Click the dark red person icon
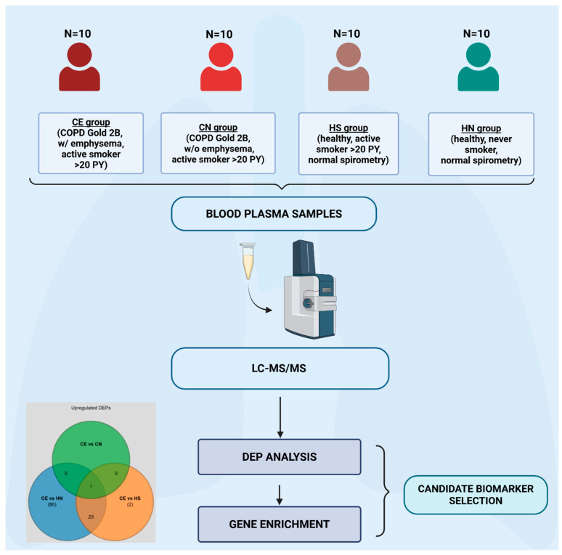[x=79, y=67]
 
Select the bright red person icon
[x=221, y=67]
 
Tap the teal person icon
[x=478, y=67]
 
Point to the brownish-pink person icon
[x=349, y=67]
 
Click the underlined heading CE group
[x=91, y=123]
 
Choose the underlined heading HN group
[x=481, y=128]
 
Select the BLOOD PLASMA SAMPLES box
[x=274, y=214]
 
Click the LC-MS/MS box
[x=280, y=368]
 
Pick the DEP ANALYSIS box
[x=280, y=457]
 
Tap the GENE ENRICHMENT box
[x=280, y=525]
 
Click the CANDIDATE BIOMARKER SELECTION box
[x=476, y=495]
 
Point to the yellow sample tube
[x=248, y=261]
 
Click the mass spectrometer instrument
[x=310, y=289]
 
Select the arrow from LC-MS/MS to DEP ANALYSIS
[x=280, y=416]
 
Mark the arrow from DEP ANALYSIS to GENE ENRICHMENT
[x=280, y=495]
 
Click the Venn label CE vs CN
[x=91, y=444]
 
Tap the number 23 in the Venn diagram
[x=91, y=517]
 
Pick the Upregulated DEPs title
[x=91, y=408]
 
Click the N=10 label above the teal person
[x=476, y=33]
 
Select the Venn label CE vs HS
[x=130, y=498]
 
